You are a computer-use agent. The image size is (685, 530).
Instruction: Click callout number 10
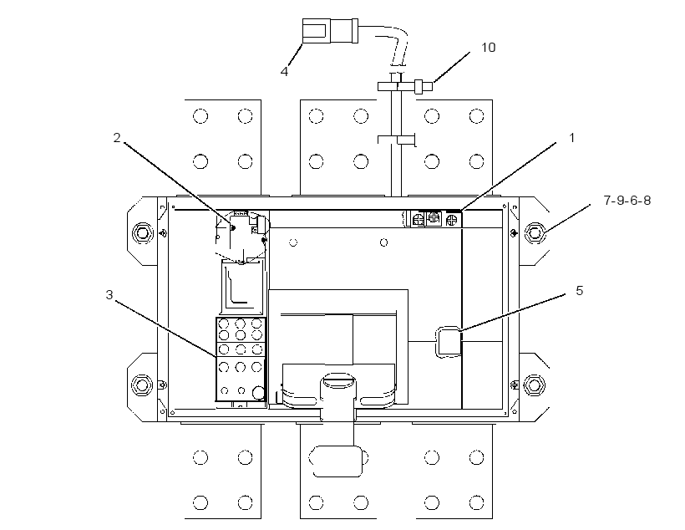click(x=488, y=47)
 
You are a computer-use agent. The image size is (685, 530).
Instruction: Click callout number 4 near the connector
click(x=284, y=71)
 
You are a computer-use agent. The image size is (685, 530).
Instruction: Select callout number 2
click(x=117, y=138)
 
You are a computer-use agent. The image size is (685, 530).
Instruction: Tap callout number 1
click(x=572, y=138)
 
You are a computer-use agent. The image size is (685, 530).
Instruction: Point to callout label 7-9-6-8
click(x=627, y=201)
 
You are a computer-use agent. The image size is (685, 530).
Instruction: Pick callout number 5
click(x=579, y=291)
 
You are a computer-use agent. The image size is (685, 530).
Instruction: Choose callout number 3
click(x=109, y=295)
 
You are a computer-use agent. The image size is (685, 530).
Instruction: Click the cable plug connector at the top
click(x=330, y=31)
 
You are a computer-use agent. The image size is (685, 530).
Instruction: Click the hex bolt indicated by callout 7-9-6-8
click(x=535, y=232)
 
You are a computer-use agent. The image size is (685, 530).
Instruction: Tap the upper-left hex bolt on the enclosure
click(x=142, y=232)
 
